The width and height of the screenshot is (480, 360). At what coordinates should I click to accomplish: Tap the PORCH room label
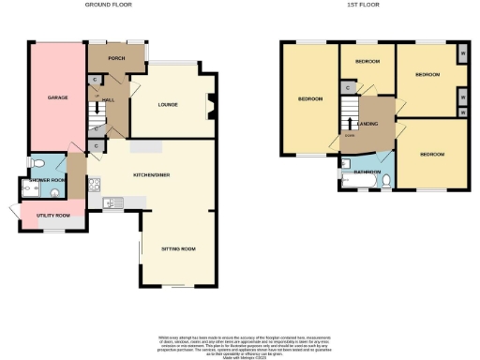116,58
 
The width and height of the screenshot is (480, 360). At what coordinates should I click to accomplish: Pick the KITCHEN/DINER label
149,174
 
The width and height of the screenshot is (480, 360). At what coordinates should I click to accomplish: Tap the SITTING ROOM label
177,248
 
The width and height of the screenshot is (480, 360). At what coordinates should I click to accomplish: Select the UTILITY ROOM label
52,216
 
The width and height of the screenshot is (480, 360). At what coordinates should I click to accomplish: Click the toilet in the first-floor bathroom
385,185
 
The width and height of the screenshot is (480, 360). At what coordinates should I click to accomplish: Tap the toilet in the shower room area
34,190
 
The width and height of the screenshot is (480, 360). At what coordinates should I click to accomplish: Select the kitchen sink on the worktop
112,202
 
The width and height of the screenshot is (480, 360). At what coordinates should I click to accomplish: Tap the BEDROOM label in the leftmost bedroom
309,99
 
